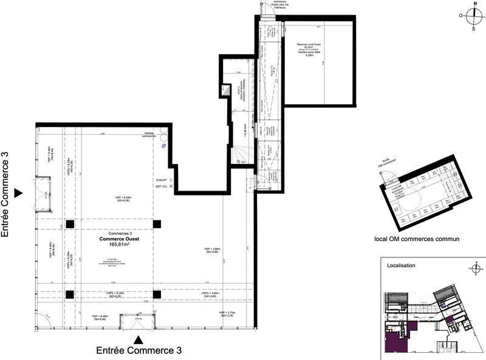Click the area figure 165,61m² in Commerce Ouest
(x=115, y=245)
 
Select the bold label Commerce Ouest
(x=115, y=239)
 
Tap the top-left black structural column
(x=70, y=224)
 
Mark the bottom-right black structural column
(x=157, y=295)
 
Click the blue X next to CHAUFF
(x=171, y=181)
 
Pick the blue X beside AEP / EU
(x=171, y=188)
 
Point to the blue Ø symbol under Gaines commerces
(x=163, y=146)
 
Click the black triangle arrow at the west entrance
(x=18, y=192)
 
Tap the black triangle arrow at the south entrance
(x=139, y=339)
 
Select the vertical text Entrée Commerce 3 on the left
(x=7, y=194)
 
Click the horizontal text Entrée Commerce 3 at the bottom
(x=139, y=351)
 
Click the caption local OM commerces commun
(x=417, y=239)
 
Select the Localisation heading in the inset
(x=401, y=266)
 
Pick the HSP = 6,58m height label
(x=123, y=199)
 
